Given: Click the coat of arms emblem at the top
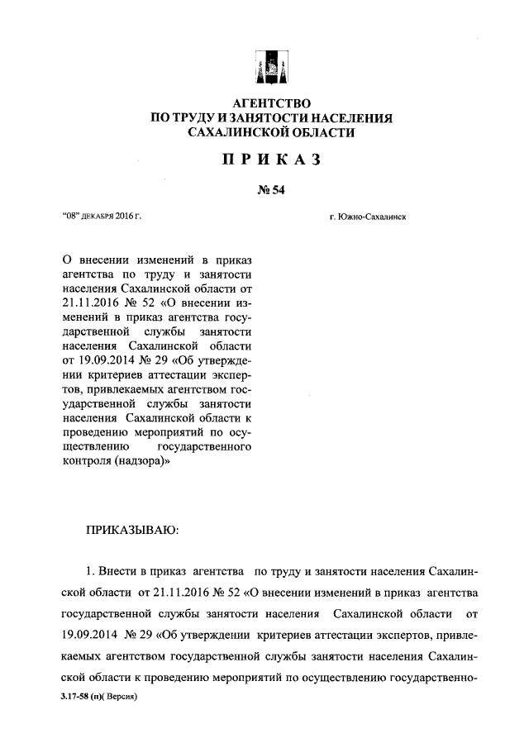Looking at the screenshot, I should [270, 66].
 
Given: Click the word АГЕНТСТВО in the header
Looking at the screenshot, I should [270, 104].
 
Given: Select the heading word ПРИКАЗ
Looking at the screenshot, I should [270, 160].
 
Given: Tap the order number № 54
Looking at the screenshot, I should [270, 192].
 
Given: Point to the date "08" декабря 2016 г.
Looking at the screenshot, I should [102, 217].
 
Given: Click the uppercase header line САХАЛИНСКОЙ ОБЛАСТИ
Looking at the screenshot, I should [270, 133].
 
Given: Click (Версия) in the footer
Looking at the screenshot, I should [117, 697].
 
